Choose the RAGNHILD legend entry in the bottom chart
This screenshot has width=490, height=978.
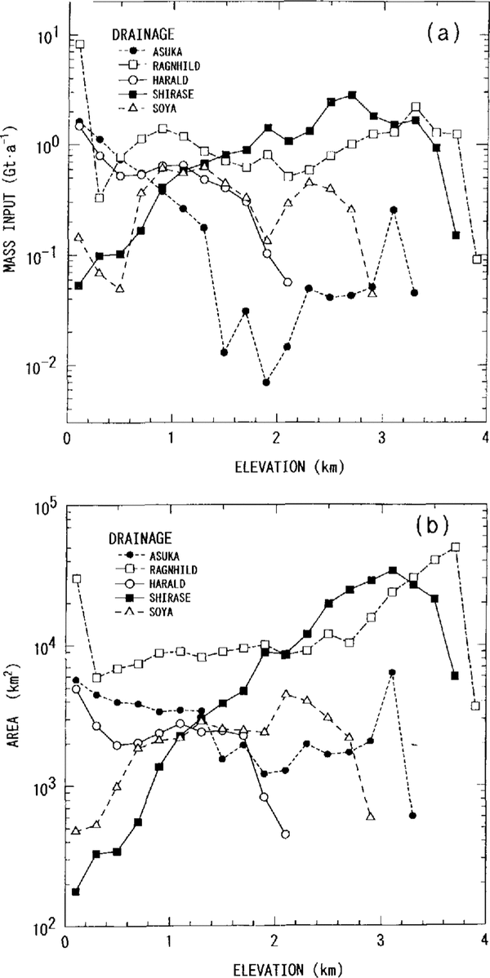166,566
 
